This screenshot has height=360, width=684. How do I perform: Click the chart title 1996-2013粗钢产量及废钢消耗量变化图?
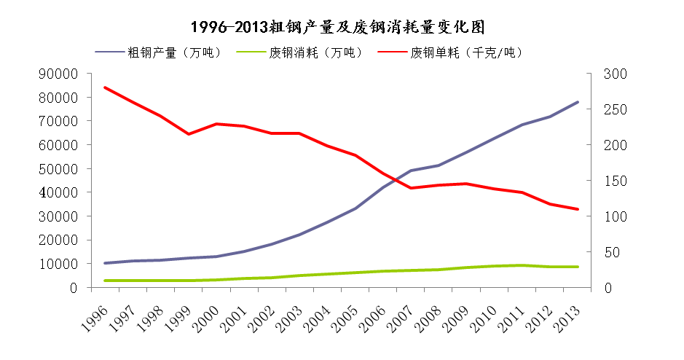tap(337, 27)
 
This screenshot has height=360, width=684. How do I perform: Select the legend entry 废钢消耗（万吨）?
tap(315, 52)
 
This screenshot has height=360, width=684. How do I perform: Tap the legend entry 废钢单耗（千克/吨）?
tap(466, 52)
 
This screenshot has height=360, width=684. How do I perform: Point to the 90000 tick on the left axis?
tap(61, 74)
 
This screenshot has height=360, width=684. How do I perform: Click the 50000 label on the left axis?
tap(61, 169)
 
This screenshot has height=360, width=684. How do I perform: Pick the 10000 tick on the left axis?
tap(61, 264)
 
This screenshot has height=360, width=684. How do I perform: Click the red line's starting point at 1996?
tap(106, 87)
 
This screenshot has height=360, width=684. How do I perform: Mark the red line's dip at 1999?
tap(189, 134)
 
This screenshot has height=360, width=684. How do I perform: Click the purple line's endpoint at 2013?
tap(578, 102)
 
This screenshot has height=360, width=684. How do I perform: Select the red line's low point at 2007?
tap(411, 188)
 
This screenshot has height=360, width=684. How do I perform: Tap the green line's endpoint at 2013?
tap(578, 267)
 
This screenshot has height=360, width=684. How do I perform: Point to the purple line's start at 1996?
tap(106, 263)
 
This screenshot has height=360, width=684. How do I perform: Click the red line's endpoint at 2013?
tap(578, 209)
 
